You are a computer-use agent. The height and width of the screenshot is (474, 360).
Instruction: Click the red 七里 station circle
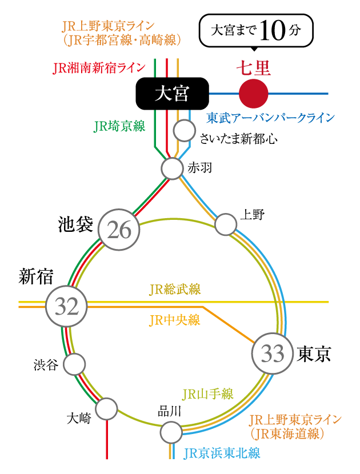point(253,94)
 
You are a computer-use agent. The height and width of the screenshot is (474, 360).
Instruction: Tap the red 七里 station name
point(253,69)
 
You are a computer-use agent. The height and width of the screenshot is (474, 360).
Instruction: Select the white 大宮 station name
point(172,94)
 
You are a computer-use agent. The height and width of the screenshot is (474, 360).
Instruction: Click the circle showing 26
point(119,230)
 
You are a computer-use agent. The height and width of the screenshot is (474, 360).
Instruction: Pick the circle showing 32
point(66,307)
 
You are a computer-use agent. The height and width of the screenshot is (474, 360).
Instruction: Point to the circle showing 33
point(272,354)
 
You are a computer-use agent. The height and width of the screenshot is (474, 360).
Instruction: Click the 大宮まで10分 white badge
point(255,31)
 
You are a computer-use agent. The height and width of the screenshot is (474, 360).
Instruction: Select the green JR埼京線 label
point(119,126)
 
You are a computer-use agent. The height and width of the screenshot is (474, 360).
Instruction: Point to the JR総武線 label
point(174,290)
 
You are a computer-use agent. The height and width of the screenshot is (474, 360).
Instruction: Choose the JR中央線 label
point(174,320)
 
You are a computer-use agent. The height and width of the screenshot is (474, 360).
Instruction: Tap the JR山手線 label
point(207,394)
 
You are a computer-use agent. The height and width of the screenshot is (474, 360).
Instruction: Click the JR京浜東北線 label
point(222,453)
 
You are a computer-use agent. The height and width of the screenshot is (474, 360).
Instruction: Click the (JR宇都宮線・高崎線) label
point(123,40)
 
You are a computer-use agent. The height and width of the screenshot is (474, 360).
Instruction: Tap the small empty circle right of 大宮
point(185,131)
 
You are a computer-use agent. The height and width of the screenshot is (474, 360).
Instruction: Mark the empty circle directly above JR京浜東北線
point(171,432)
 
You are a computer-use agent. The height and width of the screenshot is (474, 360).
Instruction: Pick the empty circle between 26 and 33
point(226,224)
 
